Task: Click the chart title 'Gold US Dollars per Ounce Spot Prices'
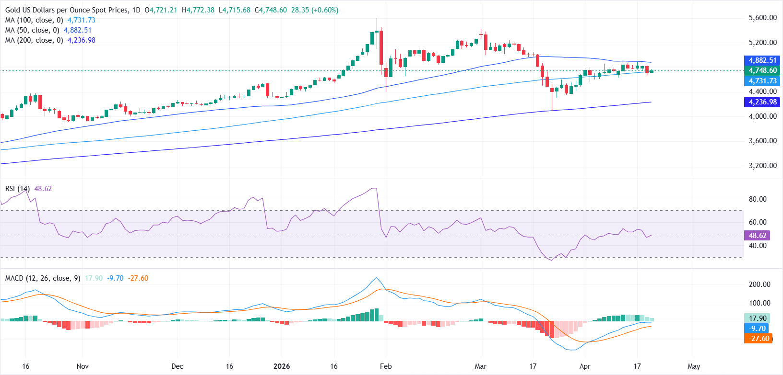click(x=67, y=10)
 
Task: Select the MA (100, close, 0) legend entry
click(x=34, y=20)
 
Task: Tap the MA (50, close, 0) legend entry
click(x=32, y=30)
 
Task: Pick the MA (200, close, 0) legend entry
click(x=34, y=40)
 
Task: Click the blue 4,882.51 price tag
click(x=762, y=60)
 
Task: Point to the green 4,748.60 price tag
click(x=762, y=70)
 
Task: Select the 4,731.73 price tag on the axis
click(x=762, y=81)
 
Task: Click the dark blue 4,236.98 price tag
click(x=762, y=102)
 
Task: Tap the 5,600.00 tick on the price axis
click(x=762, y=18)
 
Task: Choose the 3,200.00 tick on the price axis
click(x=762, y=166)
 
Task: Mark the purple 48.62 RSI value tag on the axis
click(x=758, y=236)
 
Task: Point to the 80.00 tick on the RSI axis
click(x=758, y=199)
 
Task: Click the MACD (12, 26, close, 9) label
click(x=43, y=278)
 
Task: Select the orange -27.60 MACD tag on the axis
click(x=759, y=339)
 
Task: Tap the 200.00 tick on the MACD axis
click(x=759, y=284)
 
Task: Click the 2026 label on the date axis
click(x=282, y=366)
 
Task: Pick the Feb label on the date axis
click(x=386, y=366)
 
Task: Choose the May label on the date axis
click(x=694, y=366)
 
